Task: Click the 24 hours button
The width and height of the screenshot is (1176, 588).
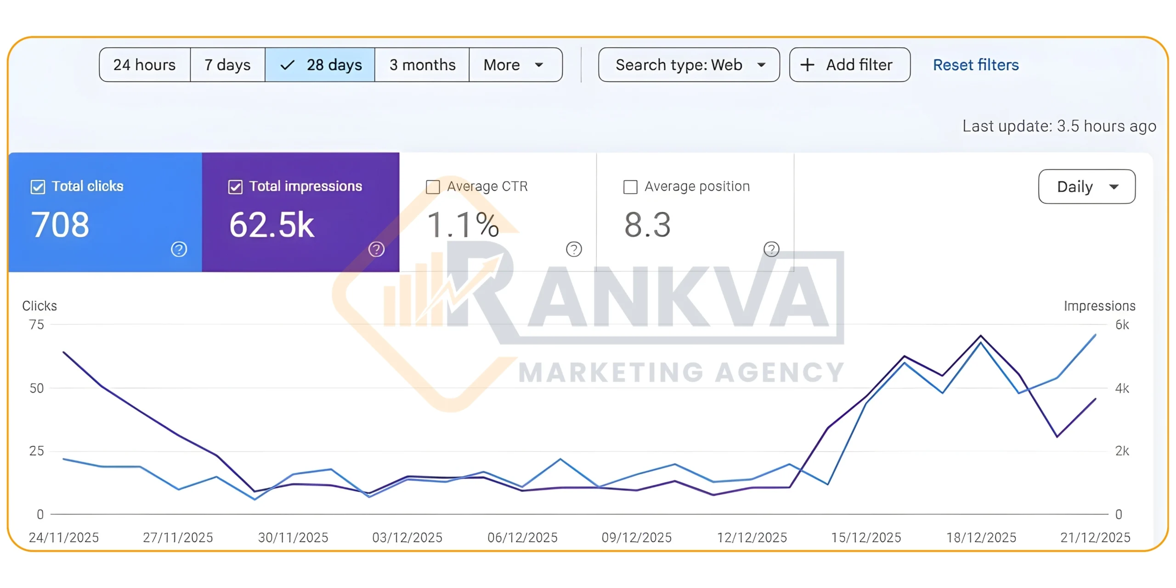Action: tap(144, 65)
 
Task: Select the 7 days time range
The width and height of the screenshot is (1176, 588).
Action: tap(227, 65)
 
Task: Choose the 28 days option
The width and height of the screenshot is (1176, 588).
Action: tap(320, 65)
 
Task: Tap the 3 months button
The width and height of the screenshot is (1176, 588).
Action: tap(422, 65)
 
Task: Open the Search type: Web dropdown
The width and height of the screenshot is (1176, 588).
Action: tap(689, 65)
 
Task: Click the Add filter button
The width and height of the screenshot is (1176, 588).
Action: tap(849, 65)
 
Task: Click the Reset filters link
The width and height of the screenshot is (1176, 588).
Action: tap(976, 65)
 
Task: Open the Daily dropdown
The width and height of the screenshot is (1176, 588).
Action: tap(1086, 187)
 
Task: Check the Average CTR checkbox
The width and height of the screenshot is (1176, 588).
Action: tap(433, 187)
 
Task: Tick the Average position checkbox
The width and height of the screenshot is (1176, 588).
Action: tap(630, 187)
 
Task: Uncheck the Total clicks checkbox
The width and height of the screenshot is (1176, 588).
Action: tap(38, 187)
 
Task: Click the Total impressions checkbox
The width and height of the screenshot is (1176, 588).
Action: tap(235, 187)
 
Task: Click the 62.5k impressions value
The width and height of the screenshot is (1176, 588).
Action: tap(271, 225)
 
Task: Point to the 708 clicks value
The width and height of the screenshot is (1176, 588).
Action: tap(60, 225)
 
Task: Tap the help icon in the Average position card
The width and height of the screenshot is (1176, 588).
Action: tap(771, 249)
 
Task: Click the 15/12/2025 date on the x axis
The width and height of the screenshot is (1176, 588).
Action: tap(866, 537)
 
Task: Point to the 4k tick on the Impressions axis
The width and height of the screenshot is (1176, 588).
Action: tap(1122, 388)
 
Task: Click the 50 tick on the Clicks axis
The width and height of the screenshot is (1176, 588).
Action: tap(37, 388)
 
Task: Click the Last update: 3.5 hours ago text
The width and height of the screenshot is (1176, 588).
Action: tap(1059, 126)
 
